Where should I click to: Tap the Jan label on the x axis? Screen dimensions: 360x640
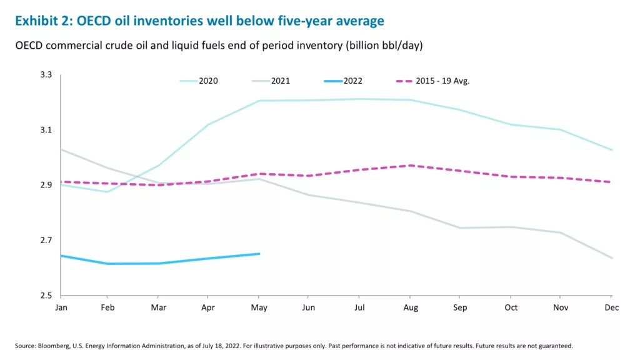(x=61, y=307)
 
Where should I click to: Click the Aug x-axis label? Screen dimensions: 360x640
(x=410, y=307)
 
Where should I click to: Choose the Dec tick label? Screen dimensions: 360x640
(x=611, y=307)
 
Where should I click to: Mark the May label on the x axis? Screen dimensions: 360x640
(x=259, y=307)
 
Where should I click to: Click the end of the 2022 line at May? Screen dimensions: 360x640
(x=259, y=254)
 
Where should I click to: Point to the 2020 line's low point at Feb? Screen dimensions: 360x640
(x=107, y=192)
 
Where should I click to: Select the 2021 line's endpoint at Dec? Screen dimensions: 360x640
(x=612, y=258)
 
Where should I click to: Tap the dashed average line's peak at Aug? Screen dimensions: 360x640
(x=410, y=165)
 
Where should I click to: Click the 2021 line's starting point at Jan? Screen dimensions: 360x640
(x=61, y=149)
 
